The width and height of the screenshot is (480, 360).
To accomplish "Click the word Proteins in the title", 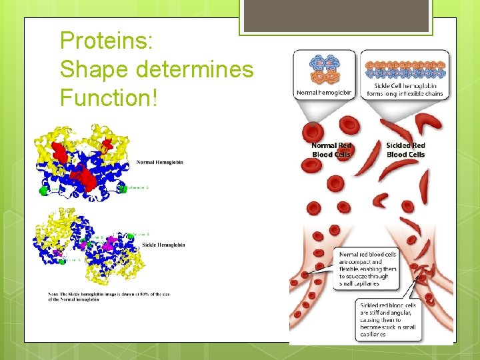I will coord(107,41).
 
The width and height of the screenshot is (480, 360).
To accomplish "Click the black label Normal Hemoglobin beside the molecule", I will coord(160,162).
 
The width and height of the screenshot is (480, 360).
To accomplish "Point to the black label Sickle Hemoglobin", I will coord(163,245).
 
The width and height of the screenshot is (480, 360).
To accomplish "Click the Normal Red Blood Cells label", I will coord(331,150).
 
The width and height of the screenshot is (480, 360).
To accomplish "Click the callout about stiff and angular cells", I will coord(388,319).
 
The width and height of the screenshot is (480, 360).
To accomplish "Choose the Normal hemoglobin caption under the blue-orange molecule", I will coord(323,93).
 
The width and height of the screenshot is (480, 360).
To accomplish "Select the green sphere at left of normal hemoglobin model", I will coord(44,190).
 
